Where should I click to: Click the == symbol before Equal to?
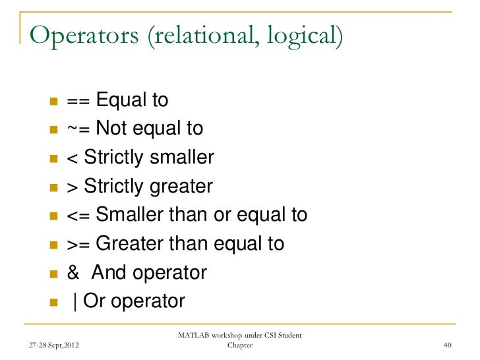(78, 101)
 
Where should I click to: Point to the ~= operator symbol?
(78, 128)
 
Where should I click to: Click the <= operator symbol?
(78, 216)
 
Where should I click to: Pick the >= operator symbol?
(78, 244)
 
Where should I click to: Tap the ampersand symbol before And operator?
(73, 273)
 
